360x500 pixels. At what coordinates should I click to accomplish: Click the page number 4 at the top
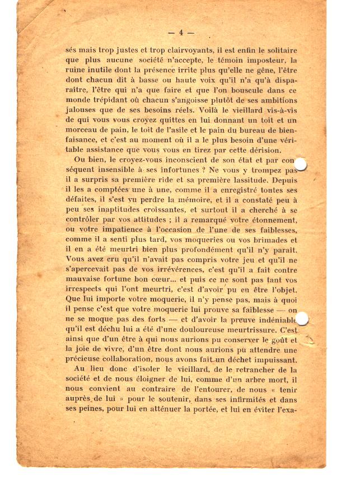coord(181,32)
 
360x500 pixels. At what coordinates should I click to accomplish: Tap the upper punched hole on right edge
coord(301,164)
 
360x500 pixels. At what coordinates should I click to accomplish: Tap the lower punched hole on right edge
coord(302,319)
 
